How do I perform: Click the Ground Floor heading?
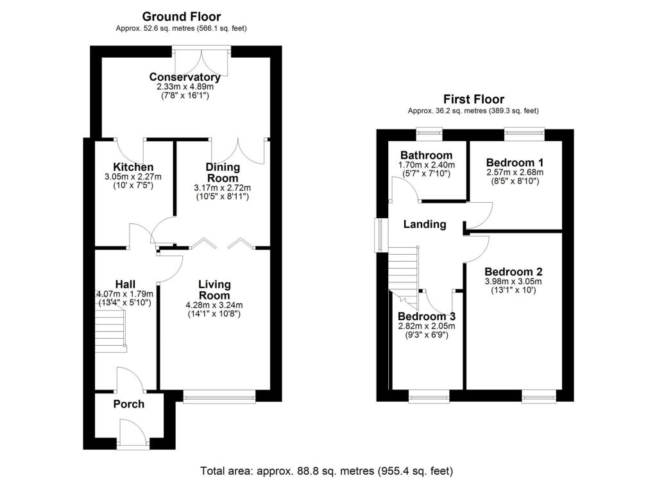pyautogui.click(x=181, y=17)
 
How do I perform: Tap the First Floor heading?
pyautogui.click(x=474, y=99)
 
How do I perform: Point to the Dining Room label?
pyautogui.click(x=222, y=173)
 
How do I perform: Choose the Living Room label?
pyautogui.click(x=214, y=289)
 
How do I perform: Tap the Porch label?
pyautogui.click(x=128, y=404)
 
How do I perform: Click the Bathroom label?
pyautogui.click(x=426, y=155)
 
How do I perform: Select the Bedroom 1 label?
pyautogui.click(x=515, y=162)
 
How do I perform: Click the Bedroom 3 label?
pyautogui.click(x=427, y=317)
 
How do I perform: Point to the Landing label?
pyautogui.click(x=424, y=225)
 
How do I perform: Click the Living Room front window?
pyautogui.click(x=219, y=398)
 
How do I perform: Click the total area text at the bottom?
pyautogui.click(x=327, y=471)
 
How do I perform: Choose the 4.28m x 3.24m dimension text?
pyautogui.click(x=214, y=305)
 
